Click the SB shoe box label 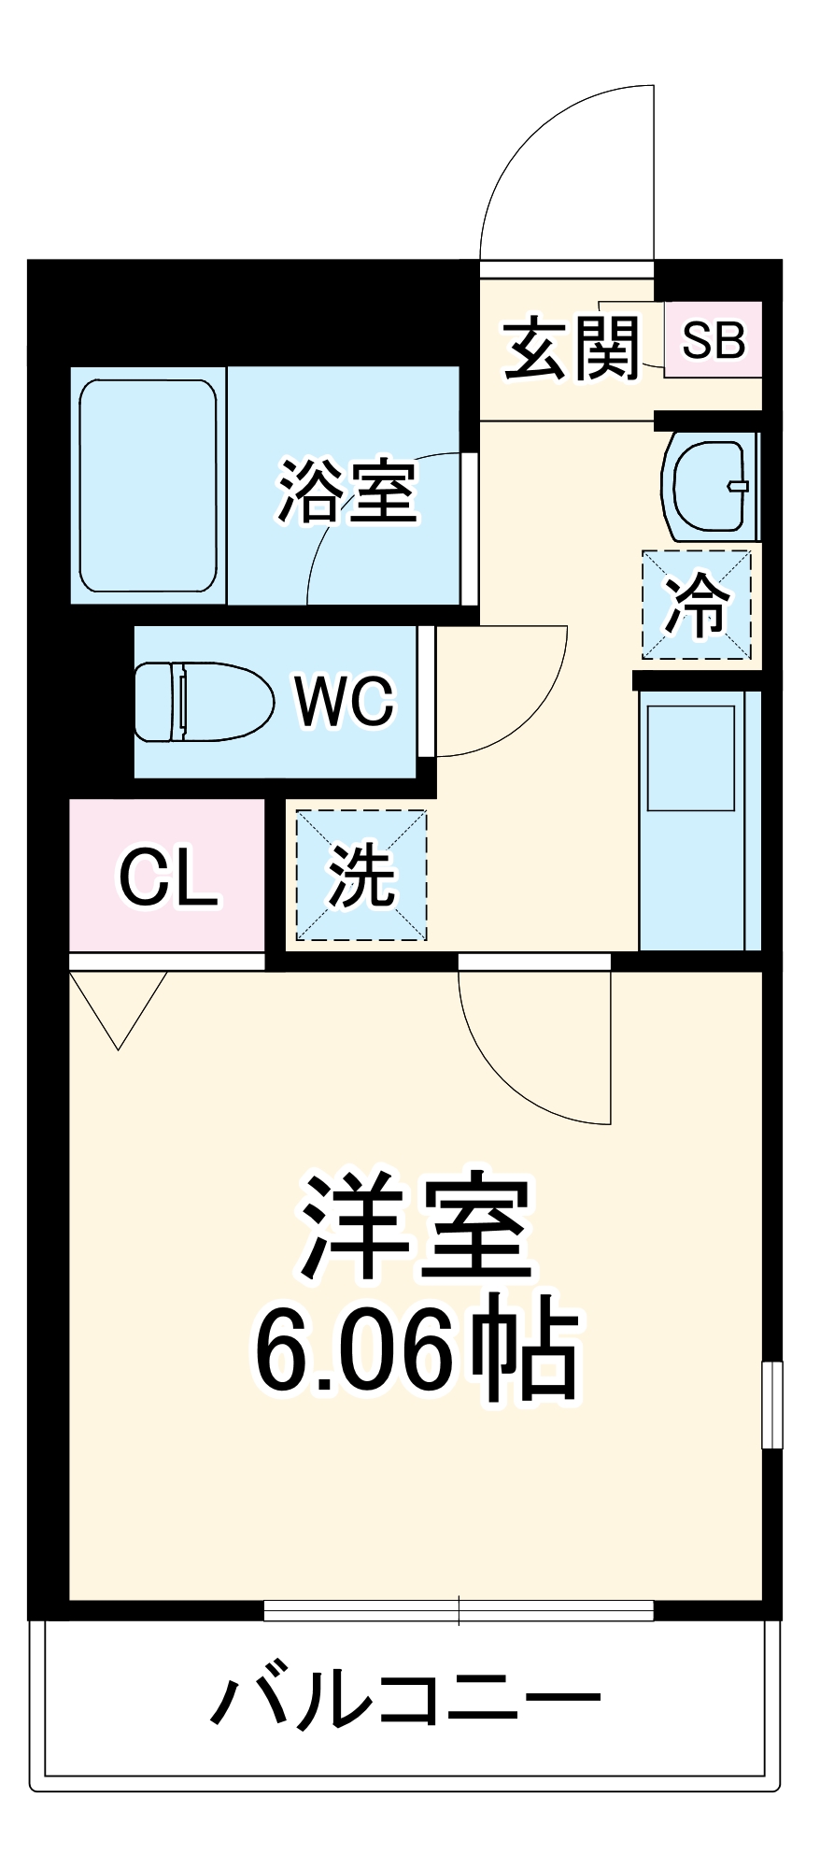tap(714, 340)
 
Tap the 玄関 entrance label tap(572, 349)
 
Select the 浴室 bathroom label tap(346, 491)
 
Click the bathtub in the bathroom tap(148, 485)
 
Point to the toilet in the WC tap(201, 702)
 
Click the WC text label tap(345, 701)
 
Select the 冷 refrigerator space tap(697, 605)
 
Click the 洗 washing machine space tap(361, 876)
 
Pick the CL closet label tap(168, 877)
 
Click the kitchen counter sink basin tap(691, 757)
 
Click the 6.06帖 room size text tap(417, 1351)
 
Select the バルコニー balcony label tap(405, 1698)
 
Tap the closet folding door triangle tap(119, 1009)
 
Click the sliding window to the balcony tap(458, 1610)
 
